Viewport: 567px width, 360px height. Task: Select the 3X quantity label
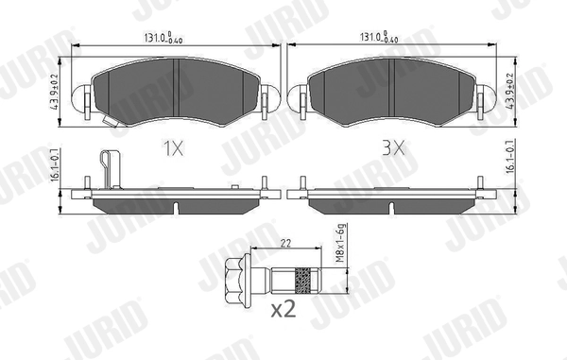[x=393, y=148]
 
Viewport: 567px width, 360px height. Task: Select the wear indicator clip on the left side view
[x=109, y=170]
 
